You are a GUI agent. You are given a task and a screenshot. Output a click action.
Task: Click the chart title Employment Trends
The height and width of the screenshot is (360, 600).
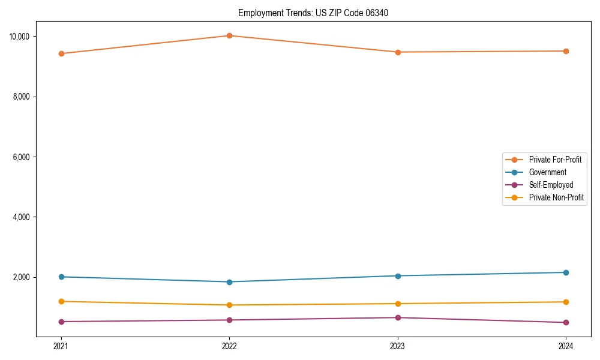click(313, 13)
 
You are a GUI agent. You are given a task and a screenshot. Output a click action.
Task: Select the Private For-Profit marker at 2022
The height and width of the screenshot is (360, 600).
click(229, 35)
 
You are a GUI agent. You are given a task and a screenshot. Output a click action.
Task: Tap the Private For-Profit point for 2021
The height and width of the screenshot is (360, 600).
click(61, 53)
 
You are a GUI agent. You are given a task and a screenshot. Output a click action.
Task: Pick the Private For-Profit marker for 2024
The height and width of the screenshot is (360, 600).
click(566, 51)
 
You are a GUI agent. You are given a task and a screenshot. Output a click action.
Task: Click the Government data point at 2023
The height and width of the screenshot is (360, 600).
click(397, 276)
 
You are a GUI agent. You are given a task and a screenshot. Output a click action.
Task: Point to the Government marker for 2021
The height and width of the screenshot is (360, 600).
click(61, 277)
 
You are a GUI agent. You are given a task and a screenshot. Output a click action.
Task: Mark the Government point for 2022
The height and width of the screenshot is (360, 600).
click(229, 282)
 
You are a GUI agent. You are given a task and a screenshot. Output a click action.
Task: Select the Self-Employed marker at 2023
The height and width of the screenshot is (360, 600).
click(397, 317)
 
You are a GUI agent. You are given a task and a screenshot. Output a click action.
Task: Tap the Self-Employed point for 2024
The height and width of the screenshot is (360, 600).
click(566, 323)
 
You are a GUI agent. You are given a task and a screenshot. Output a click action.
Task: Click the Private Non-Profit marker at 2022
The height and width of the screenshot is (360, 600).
click(229, 305)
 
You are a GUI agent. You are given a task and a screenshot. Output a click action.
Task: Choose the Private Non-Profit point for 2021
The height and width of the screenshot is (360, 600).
click(61, 301)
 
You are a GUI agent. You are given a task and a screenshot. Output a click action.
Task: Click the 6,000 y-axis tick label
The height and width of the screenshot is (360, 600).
click(21, 157)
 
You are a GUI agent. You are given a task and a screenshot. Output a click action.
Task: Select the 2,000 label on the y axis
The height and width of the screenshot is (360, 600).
click(21, 277)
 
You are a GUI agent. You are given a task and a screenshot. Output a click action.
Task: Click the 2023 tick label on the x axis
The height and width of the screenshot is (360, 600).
click(397, 346)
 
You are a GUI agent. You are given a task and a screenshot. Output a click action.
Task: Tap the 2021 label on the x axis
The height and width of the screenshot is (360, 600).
click(61, 346)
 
